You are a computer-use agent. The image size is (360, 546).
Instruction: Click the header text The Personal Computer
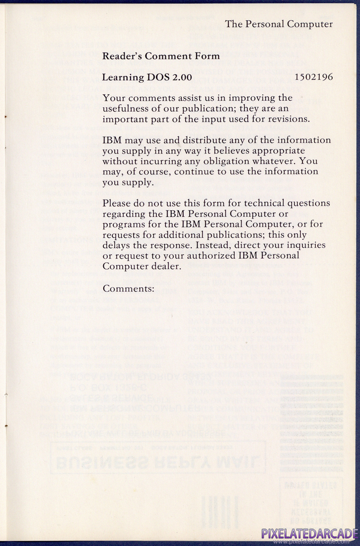(279, 24)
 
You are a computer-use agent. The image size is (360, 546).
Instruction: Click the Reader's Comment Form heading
(154, 56)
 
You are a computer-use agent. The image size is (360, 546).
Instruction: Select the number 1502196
(313, 77)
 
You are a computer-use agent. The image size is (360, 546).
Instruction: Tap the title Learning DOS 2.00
(146, 77)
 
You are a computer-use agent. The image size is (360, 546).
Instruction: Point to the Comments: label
(129, 288)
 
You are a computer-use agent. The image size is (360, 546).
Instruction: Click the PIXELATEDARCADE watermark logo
(309, 534)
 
